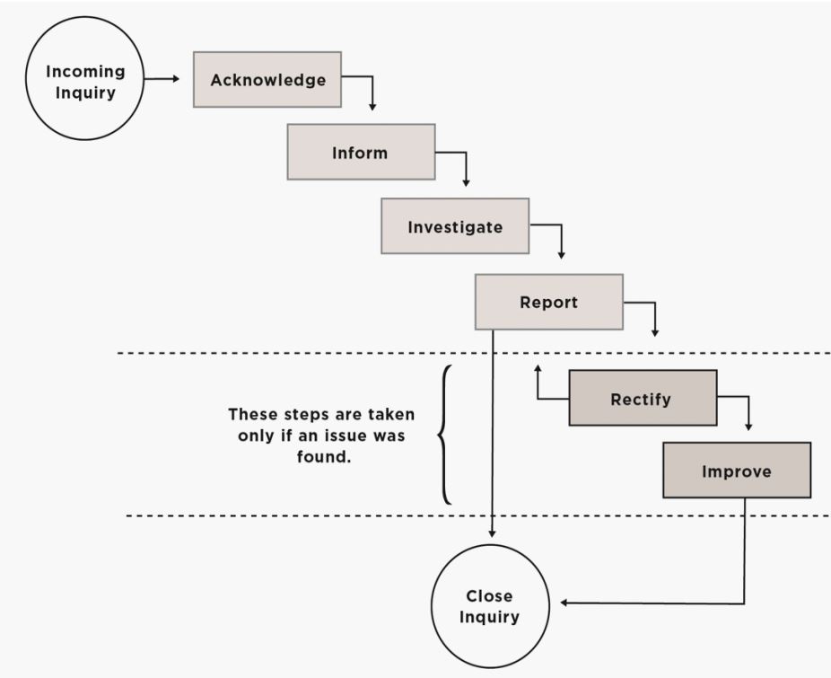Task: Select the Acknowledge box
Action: click(x=267, y=80)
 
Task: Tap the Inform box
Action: click(x=361, y=152)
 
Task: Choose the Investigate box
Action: click(x=455, y=226)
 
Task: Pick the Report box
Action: click(x=548, y=302)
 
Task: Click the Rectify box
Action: click(x=642, y=398)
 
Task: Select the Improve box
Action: click(x=736, y=471)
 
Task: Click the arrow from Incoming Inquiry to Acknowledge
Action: click(x=162, y=79)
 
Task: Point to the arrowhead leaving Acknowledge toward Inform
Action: click(x=372, y=106)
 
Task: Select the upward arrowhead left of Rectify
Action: click(x=538, y=368)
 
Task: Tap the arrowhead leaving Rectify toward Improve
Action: click(x=748, y=426)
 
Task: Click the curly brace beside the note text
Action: click(x=443, y=435)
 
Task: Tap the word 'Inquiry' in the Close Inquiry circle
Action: click(x=489, y=617)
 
